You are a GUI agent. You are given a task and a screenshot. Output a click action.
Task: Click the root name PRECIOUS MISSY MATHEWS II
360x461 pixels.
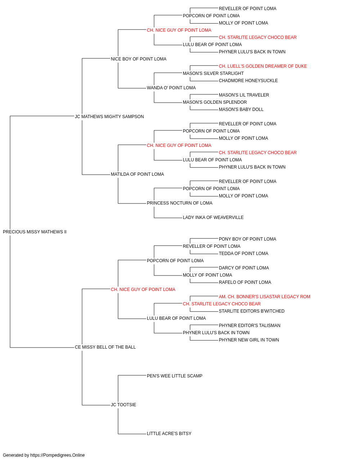(x=35, y=232)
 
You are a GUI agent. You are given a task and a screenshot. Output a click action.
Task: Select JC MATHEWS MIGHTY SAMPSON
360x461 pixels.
(x=109, y=117)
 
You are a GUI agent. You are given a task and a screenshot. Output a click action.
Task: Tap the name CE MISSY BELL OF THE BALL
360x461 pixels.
(x=105, y=347)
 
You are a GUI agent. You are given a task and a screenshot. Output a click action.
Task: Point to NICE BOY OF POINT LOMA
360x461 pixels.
(x=139, y=59)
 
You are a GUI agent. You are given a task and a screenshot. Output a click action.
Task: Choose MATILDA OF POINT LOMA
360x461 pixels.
(x=138, y=174)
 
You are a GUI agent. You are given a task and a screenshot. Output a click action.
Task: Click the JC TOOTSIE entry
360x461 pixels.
(x=123, y=405)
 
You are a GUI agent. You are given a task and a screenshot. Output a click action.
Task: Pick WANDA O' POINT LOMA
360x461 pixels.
(x=171, y=88)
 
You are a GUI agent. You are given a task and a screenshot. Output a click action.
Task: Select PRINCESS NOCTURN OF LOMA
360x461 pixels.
(x=180, y=203)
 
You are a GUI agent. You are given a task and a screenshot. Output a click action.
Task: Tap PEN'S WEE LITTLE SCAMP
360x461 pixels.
(x=175, y=376)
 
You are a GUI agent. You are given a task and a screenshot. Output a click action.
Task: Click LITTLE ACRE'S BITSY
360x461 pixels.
(x=169, y=434)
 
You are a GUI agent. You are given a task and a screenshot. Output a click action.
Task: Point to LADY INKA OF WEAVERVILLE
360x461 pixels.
(x=213, y=218)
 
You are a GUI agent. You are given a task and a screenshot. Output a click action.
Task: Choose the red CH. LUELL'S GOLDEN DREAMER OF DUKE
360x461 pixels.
(x=263, y=66)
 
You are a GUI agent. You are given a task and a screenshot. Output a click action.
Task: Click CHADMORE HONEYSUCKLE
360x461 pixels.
(x=248, y=81)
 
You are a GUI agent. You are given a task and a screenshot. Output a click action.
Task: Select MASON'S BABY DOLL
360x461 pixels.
(x=241, y=109)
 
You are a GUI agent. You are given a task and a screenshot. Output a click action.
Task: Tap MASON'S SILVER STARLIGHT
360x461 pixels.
(x=213, y=73)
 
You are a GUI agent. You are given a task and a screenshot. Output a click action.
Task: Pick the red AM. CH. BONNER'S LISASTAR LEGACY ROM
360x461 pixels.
(x=264, y=297)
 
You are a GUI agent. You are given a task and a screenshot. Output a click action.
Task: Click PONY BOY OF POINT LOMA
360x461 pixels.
(x=247, y=239)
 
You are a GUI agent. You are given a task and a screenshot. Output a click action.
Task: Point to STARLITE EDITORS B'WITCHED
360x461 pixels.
(x=252, y=311)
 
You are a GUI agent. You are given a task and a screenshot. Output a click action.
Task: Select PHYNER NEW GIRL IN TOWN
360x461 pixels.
(x=249, y=340)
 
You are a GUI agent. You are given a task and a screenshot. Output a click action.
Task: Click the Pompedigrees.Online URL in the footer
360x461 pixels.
(x=58, y=455)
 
